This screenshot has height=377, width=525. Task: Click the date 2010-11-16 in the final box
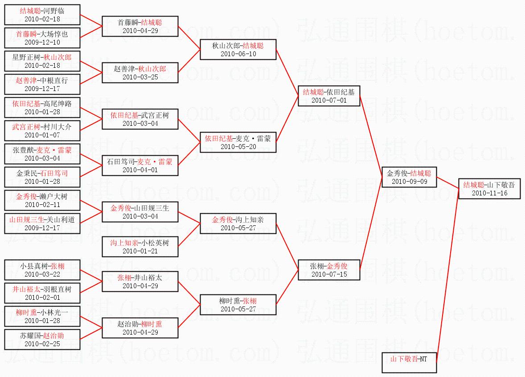489,193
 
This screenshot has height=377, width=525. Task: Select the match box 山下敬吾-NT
409,362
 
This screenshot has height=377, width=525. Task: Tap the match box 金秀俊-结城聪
409,177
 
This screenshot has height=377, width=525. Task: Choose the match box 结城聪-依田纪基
329,96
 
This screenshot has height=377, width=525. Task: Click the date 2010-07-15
329,274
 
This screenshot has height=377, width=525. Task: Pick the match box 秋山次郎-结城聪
238,50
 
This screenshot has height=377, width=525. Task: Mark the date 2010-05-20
238,146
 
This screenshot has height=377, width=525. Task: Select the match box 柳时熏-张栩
238,305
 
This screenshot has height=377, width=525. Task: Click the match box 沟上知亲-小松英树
140,246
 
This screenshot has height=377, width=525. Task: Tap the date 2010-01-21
140,251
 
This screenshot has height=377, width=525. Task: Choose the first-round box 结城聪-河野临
42,15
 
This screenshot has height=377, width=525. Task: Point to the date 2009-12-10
42,42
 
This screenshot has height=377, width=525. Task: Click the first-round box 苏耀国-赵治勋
42,340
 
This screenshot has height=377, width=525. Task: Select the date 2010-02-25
42,344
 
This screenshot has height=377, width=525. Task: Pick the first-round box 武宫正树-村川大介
42,131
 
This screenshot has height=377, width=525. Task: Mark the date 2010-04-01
140,170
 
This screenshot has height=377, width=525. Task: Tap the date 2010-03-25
140,77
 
